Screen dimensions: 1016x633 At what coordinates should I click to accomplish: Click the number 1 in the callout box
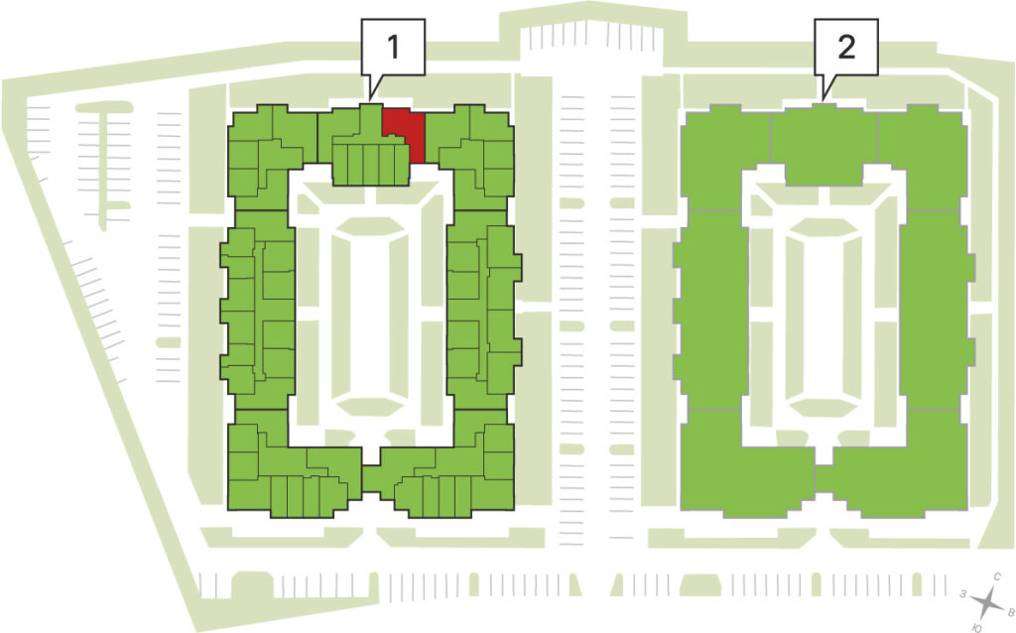[x=393, y=47]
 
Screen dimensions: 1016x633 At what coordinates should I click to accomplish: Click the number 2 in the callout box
[x=846, y=47]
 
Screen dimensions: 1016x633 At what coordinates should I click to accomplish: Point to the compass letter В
[x=1009, y=611]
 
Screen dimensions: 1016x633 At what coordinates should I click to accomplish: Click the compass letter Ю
[x=977, y=627]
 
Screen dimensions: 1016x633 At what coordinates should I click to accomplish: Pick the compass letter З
[x=964, y=593]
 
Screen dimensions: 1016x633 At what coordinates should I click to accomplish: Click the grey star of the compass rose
[x=987, y=602]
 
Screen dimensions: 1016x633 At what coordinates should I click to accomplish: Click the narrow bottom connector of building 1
[x=371, y=479]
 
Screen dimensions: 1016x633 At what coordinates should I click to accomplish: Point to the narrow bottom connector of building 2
[x=824, y=479]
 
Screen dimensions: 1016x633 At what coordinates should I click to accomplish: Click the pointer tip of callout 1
[x=370, y=100]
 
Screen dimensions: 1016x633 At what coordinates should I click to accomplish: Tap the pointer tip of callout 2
[x=823, y=100]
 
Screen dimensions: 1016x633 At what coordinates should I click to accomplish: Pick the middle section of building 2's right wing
[x=937, y=310]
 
